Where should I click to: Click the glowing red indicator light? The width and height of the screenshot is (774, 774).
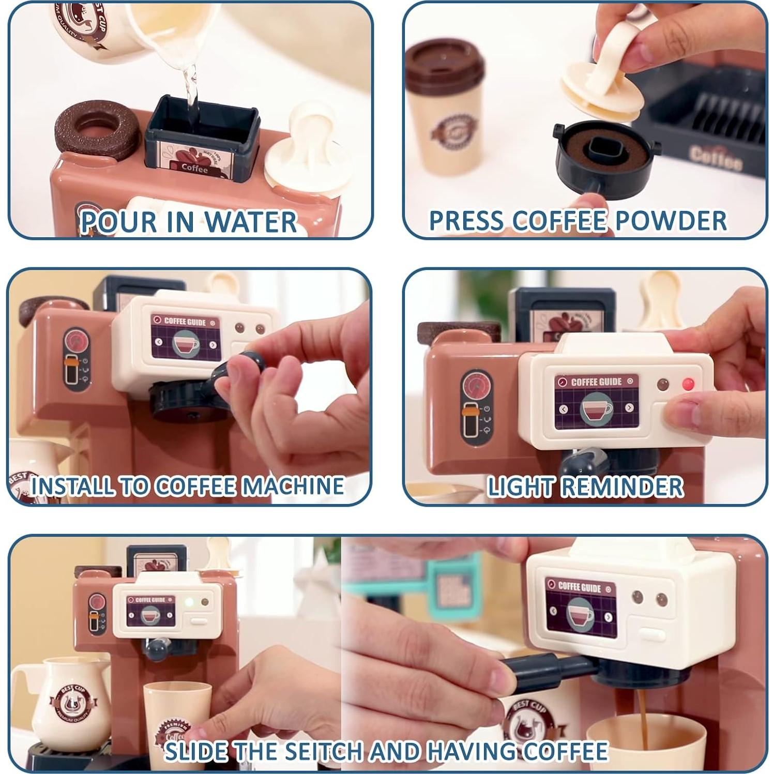click(688, 384)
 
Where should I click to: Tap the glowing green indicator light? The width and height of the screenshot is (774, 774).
click(189, 602)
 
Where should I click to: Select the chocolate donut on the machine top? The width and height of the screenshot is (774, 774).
click(97, 129)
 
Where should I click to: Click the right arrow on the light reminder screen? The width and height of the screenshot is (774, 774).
click(629, 408)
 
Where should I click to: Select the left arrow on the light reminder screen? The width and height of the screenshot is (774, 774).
click(564, 409)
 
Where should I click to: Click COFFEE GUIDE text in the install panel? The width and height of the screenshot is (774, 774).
click(185, 322)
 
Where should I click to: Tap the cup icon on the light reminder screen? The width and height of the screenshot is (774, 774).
click(596, 408)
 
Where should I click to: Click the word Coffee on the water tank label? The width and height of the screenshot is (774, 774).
click(194, 169)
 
